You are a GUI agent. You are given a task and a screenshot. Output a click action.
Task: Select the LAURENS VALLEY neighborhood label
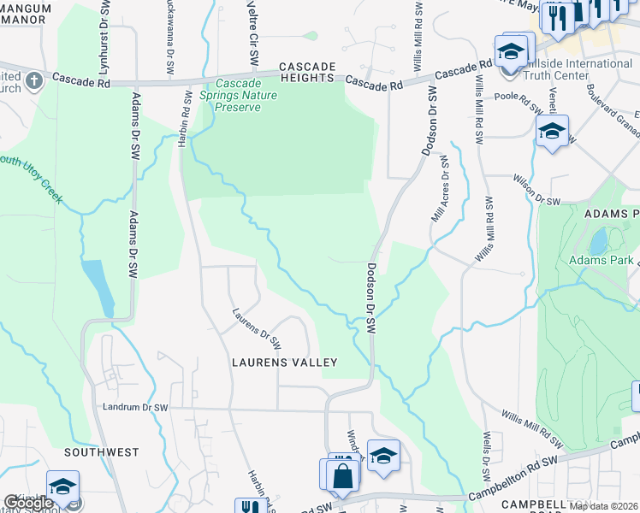click(x=285, y=363)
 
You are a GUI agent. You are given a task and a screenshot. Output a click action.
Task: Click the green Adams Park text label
click(x=601, y=259)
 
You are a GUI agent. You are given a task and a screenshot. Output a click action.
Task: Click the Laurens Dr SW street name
click(x=257, y=329)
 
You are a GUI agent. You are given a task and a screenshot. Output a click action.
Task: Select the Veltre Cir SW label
click(x=252, y=34)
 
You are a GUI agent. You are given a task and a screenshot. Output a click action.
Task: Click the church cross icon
click(x=33, y=80)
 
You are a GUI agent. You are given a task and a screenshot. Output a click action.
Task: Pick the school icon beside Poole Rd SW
click(x=552, y=132)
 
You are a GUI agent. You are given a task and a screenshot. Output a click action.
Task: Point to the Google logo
click(x=28, y=503)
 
